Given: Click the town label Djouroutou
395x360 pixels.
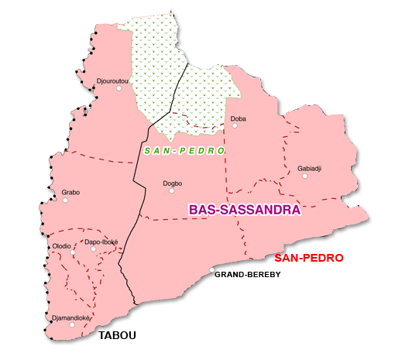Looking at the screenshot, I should click(113, 81).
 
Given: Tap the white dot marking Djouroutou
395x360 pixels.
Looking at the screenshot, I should click(118, 88).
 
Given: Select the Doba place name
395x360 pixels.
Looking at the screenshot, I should click(239, 118).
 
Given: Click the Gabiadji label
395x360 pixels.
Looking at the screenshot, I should click(309, 168).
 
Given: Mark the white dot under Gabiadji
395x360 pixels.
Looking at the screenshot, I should click(305, 176).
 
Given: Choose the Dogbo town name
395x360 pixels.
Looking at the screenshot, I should click(173, 183).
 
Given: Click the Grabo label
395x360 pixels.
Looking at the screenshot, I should click(70, 192).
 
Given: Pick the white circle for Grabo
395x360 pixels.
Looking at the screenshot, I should click(65, 200).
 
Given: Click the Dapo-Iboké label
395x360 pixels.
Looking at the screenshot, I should click(101, 242).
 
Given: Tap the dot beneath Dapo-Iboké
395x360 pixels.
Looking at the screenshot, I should click(94, 249).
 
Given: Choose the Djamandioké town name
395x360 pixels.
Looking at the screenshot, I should click(71, 317).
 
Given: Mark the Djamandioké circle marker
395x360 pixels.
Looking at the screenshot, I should click(72, 325).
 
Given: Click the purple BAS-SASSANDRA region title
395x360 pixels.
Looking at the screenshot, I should click(244, 209).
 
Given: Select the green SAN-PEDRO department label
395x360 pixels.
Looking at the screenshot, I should click(184, 149).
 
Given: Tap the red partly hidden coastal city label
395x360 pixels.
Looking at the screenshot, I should click(310, 257).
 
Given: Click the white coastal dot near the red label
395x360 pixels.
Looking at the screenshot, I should click(212, 269).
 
